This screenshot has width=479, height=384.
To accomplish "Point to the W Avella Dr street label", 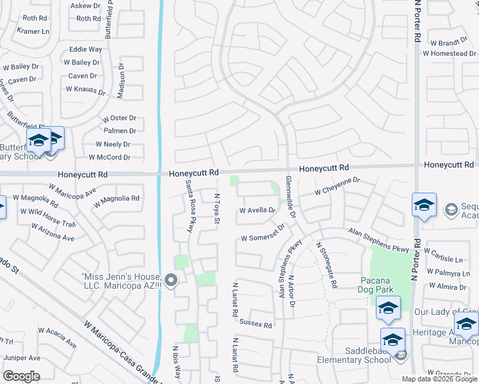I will click(257, 210).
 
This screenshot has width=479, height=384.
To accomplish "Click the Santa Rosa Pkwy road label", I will click(189, 205).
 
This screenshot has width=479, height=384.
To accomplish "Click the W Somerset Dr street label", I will click(262, 237).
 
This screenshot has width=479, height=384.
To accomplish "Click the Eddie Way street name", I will click(86, 49).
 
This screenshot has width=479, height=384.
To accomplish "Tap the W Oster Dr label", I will click(119, 118).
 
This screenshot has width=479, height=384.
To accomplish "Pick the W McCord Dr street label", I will click(110, 157).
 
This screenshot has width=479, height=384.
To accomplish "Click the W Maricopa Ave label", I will click(72, 192).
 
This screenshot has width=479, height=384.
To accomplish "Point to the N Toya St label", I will click(217, 209).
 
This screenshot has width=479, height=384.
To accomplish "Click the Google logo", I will click(21, 376).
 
